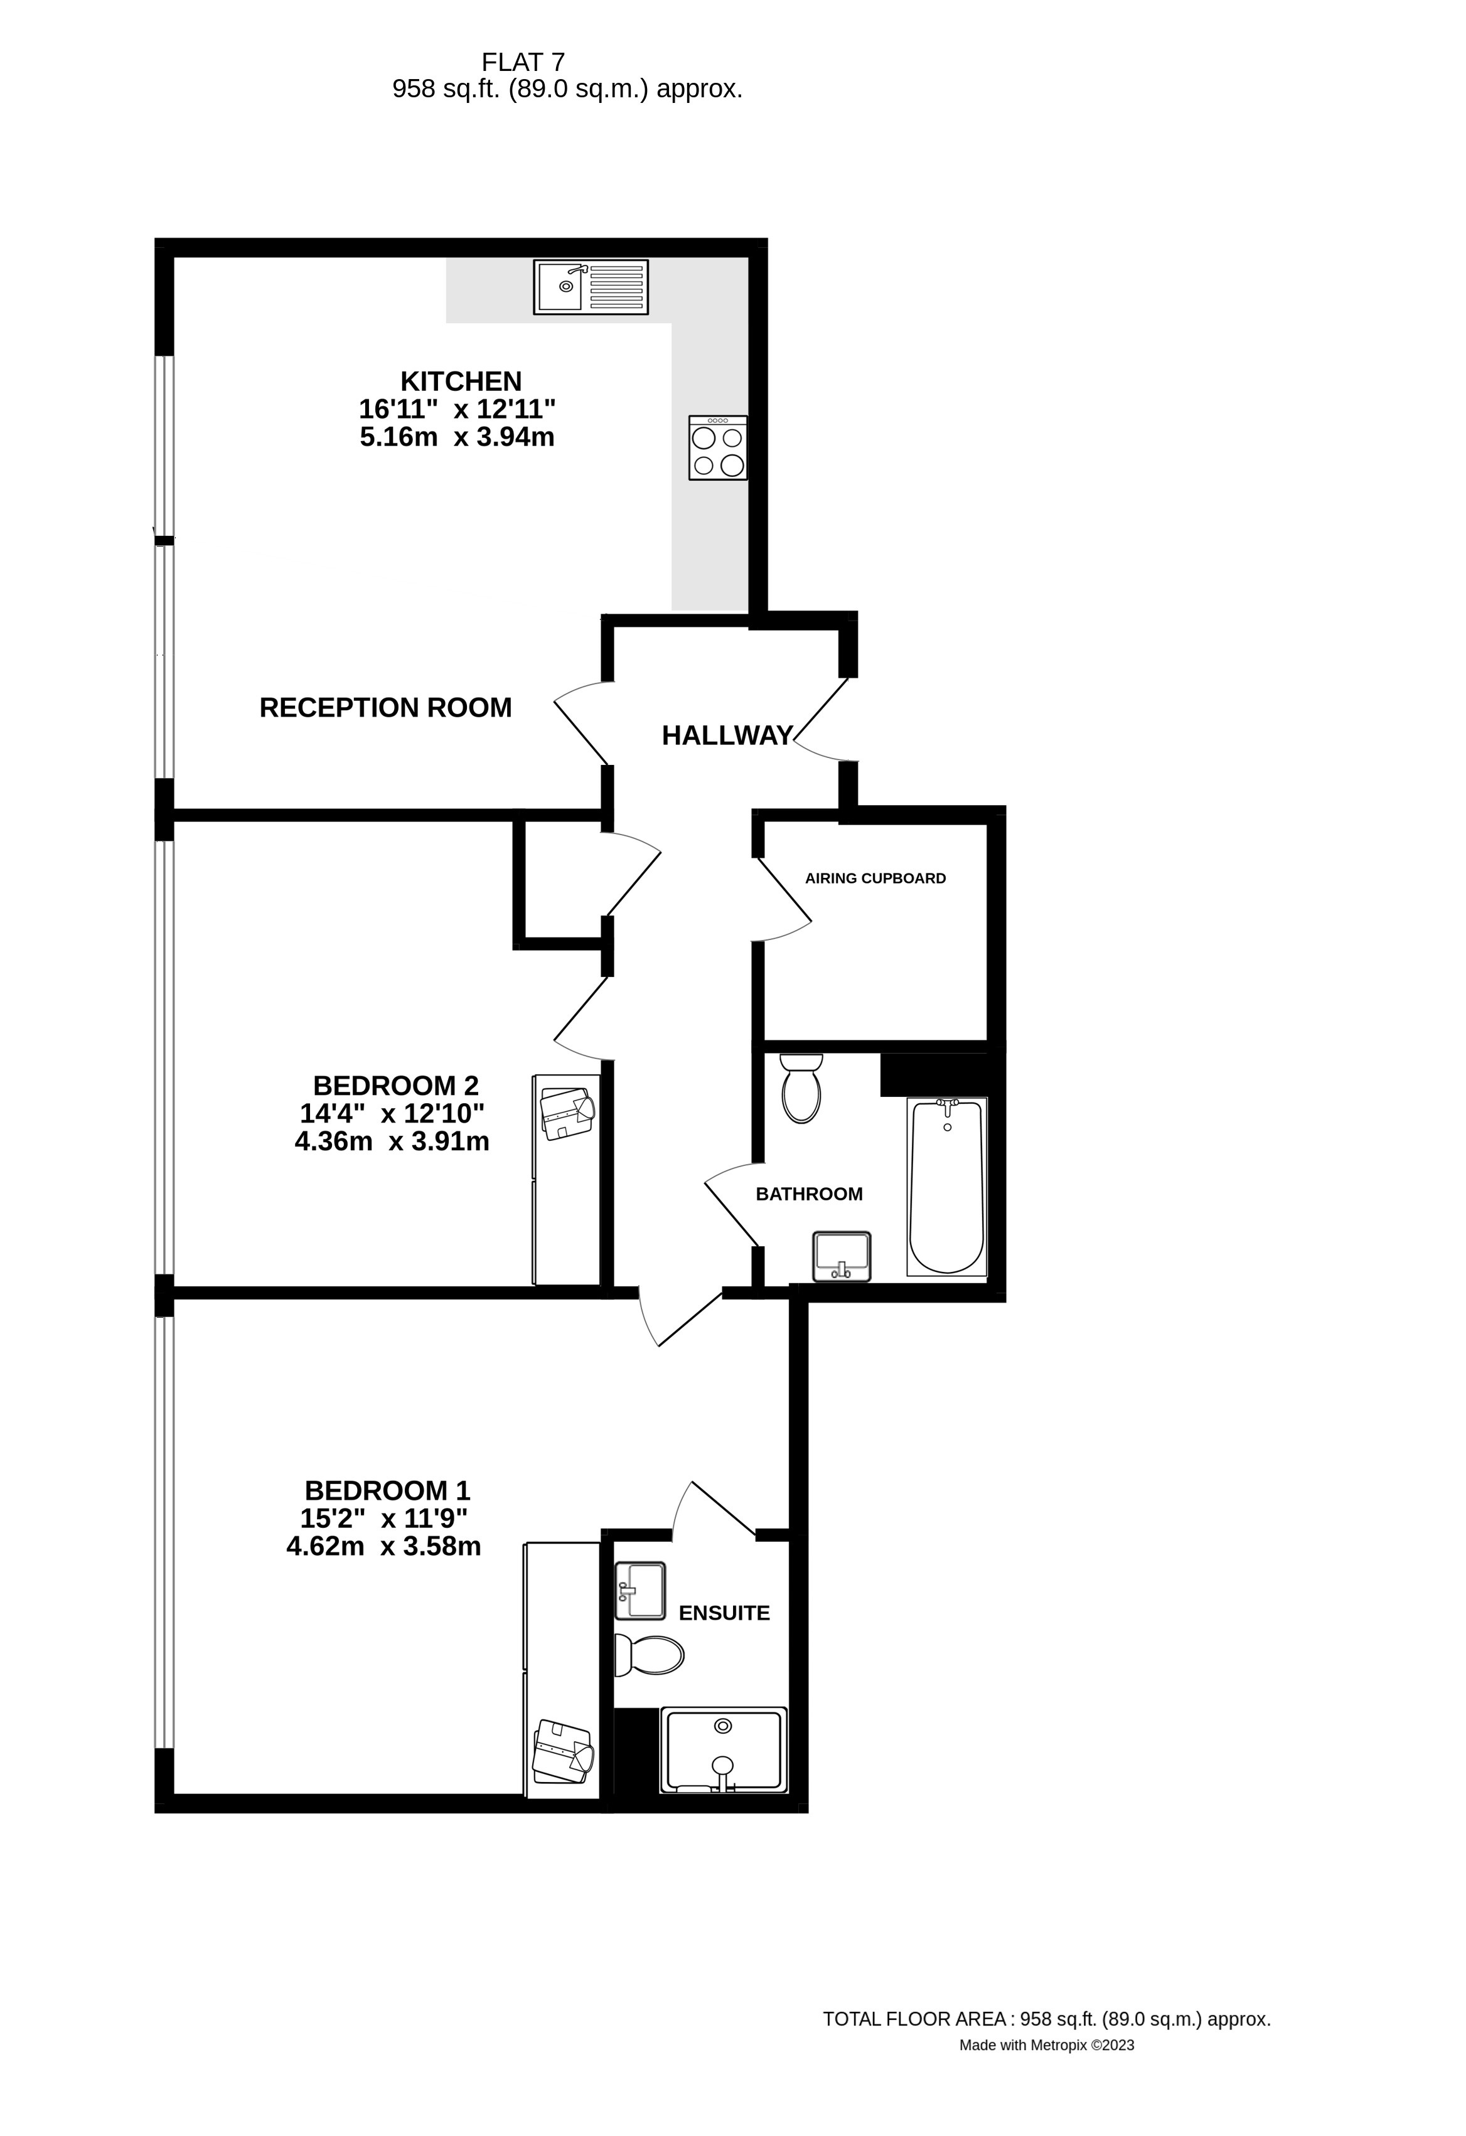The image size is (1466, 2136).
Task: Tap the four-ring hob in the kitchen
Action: point(718,447)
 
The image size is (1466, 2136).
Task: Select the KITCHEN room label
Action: point(461,380)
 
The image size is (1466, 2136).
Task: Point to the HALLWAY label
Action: point(727,735)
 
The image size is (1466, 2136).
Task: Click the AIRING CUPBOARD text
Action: point(875,878)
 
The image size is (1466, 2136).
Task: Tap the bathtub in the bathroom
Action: point(947,1185)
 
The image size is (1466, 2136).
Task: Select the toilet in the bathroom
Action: point(801,1088)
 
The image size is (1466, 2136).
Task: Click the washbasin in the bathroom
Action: point(841,1256)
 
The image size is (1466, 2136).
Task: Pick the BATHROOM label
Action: point(809,1194)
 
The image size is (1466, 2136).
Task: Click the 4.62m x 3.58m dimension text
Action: point(383,1546)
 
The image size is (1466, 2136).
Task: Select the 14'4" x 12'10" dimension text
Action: point(392,1113)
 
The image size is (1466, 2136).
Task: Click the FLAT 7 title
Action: point(523,63)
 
